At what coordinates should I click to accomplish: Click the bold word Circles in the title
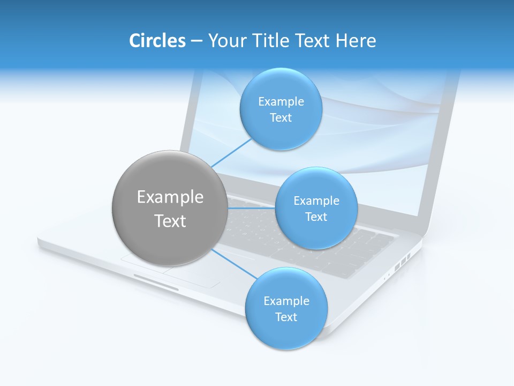coord(157,40)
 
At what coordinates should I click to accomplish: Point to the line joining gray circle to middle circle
coord(251,208)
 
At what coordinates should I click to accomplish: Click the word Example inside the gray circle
coord(170,197)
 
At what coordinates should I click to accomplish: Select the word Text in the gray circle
coord(170,221)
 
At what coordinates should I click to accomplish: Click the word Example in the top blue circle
coord(281,102)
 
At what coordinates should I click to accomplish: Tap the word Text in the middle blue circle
coord(316,217)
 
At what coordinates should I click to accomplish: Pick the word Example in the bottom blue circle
coord(286,301)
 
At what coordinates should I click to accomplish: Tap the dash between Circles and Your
coord(196,41)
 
